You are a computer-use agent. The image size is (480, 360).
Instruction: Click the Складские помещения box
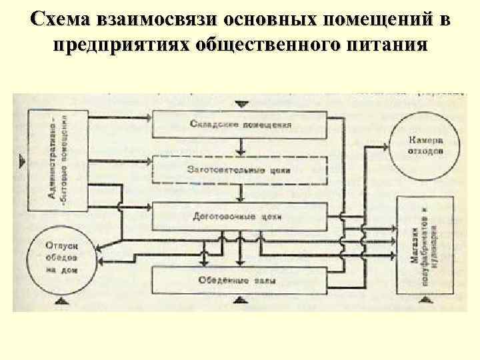click(x=240, y=124)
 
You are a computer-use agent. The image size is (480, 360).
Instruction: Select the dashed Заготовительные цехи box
click(x=240, y=169)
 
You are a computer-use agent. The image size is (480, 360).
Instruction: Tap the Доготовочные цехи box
click(x=240, y=216)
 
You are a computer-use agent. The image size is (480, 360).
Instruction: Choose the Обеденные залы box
click(x=240, y=278)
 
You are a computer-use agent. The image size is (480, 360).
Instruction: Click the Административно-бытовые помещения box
click(x=57, y=159)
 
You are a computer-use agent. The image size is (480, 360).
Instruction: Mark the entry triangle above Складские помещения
click(x=241, y=104)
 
